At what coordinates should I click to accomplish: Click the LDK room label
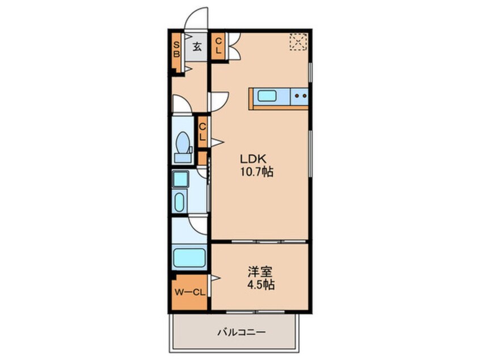[253, 158]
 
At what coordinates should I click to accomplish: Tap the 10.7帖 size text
[256, 172]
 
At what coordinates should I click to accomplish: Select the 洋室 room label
[260, 271]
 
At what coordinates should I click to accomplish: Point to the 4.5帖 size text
[261, 285]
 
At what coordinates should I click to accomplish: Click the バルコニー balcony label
[242, 332]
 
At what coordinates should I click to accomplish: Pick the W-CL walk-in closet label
[190, 292]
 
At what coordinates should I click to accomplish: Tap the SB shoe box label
[176, 49]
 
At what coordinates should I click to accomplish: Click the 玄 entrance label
[197, 47]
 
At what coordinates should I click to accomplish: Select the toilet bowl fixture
[183, 146]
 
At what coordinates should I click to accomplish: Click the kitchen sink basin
[267, 96]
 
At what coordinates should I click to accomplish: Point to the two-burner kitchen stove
[300, 96]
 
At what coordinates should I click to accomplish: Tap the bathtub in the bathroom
[189, 257]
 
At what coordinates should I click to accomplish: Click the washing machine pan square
[180, 179]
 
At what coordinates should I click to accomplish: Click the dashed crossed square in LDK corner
[298, 41]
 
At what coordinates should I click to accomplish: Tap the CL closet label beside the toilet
[202, 132]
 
